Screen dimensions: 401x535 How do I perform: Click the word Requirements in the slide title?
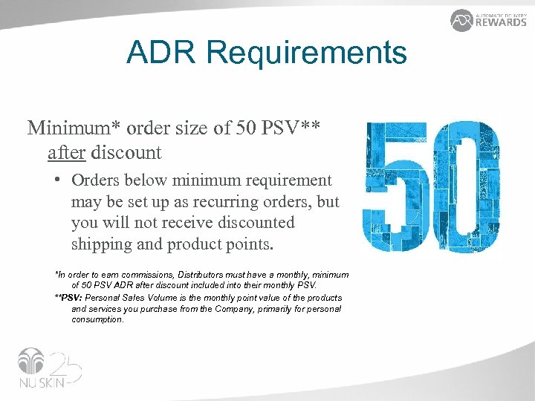(x=306, y=53)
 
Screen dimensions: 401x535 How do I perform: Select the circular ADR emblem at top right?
(x=461, y=20)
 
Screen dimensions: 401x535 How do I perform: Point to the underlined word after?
(x=65, y=153)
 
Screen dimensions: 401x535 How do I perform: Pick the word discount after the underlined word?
(x=125, y=153)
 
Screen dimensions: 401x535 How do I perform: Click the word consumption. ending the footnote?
(x=97, y=320)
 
